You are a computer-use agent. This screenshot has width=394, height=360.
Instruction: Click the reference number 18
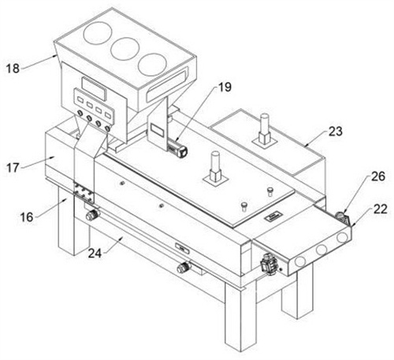[x=13, y=69]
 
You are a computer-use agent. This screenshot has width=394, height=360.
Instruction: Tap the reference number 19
[x=225, y=87]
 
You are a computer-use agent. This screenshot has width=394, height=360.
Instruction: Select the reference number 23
[x=336, y=132]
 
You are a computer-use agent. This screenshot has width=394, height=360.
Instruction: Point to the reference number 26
[x=378, y=176]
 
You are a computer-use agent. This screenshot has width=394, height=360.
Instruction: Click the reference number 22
[x=380, y=210]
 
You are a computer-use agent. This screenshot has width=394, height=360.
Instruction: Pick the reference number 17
[x=13, y=168]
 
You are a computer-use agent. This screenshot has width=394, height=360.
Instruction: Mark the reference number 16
[x=27, y=217]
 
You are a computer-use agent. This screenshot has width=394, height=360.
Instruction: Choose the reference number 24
[x=95, y=254]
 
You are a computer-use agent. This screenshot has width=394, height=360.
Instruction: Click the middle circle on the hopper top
[x=125, y=49]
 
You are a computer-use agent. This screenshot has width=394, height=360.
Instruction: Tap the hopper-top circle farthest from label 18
[x=152, y=64]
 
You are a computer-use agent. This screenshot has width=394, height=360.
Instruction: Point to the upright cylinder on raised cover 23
[x=265, y=128]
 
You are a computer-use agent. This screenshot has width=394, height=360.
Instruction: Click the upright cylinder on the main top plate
[x=215, y=166]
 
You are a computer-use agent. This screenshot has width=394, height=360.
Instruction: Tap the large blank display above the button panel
[x=94, y=89]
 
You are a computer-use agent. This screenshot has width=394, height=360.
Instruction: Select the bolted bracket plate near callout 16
[x=84, y=192]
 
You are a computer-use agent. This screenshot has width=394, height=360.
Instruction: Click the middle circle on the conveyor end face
[x=322, y=250]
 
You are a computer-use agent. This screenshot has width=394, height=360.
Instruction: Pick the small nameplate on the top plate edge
[x=273, y=217]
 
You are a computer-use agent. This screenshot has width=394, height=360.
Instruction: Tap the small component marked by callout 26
[x=341, y=216]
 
